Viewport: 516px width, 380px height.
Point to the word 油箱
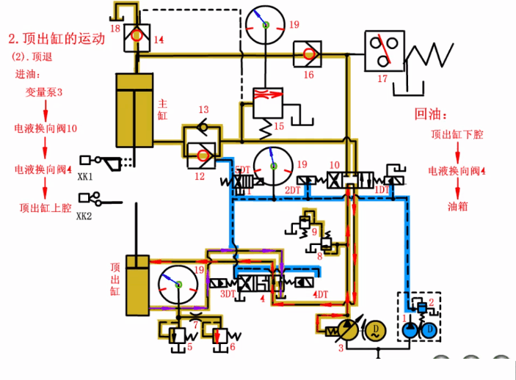click(x=457, y=207)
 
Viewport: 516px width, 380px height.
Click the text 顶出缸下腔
click(x=457, y=135)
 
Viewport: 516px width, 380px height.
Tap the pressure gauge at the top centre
click(x=264, y=26)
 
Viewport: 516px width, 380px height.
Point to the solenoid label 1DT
click(x=382, y=191)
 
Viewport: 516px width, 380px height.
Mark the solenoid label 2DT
click(x=293, y=191)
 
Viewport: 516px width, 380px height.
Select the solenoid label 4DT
click(x=320, y=294)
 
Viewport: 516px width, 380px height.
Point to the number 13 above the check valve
click(x=203, y=110)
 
